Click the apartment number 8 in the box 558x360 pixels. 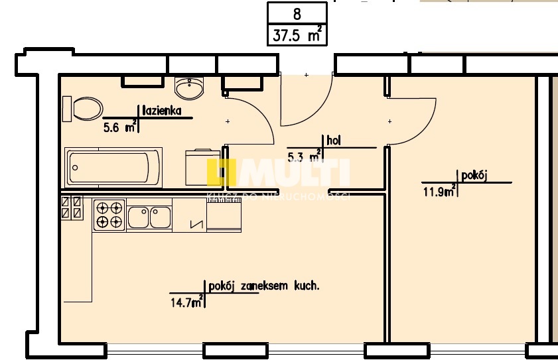click(x=297, y=13)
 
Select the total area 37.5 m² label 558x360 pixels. click(x=297, y=35)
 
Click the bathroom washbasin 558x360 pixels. click(x=191, y=87)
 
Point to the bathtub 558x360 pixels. click(x=113, y=168)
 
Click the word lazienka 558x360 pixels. click(x=162, y=111)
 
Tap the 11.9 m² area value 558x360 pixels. click(x=439, y=192)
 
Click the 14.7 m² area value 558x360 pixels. click(x=186, y=304)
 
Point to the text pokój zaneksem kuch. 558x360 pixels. click(x=264, y=286)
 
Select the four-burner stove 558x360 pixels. click(x=109, y=214)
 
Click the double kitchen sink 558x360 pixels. click(x=149, y=216)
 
